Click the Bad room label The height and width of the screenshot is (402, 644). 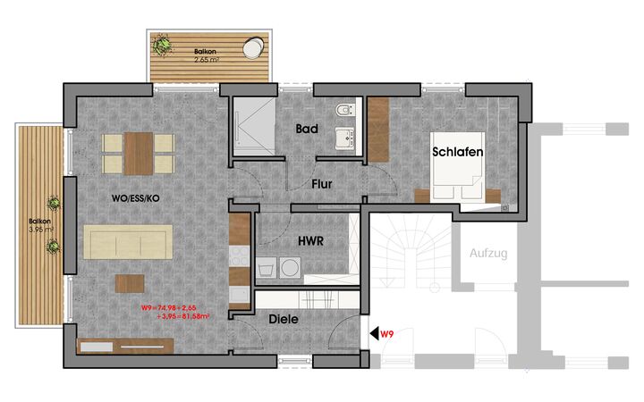[307, 129]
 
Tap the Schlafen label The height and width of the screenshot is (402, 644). [458, 152]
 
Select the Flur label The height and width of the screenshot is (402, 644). [322, 184]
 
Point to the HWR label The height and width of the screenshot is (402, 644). [310, 241]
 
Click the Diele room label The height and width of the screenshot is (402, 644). [284, 319]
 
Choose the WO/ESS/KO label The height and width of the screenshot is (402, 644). [136, 198]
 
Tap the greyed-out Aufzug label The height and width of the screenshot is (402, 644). [488, 253]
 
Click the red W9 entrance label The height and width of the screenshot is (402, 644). [387, 334]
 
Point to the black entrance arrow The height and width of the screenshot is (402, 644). [374, 333]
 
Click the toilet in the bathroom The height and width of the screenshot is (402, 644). [345, 110]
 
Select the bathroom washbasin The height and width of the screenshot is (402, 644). [345, 138]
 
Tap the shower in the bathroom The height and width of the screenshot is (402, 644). [254, 126]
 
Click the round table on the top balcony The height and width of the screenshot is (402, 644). [253, 48]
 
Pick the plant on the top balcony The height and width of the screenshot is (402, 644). [161, 45]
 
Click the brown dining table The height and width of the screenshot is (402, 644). [139, 154]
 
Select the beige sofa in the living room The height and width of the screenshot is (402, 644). [128, 242]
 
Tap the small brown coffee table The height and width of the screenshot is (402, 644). [130, 284]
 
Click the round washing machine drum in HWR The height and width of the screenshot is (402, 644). [290, 268]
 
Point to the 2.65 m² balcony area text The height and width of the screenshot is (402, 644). [207, 60]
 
